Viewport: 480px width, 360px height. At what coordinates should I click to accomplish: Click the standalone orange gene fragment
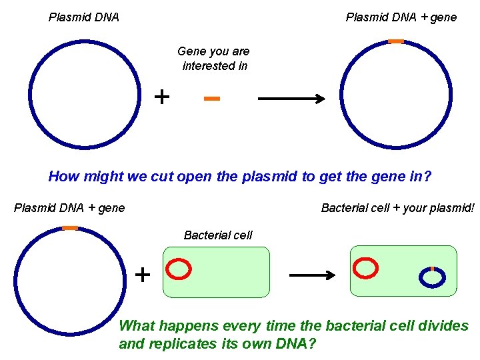(x=212, y=99)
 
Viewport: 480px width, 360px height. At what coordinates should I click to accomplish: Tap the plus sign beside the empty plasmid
(x=161, y=97)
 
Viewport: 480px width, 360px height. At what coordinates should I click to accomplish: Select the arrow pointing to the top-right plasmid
(x=291, y=99)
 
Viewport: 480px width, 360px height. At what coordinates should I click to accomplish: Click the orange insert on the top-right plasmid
(x=396, y=41)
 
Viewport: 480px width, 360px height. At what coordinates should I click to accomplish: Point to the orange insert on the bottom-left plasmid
(x=70, y=228)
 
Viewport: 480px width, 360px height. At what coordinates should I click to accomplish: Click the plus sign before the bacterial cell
(x=143, y=273)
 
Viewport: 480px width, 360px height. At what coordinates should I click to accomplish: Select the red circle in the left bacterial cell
(x=179, y=269)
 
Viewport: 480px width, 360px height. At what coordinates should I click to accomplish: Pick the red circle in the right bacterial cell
(x=365, y=268)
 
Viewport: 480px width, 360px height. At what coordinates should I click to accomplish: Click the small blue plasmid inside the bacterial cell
(x=433, y=277)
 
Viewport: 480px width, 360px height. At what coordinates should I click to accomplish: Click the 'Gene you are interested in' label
(x=213, y=59)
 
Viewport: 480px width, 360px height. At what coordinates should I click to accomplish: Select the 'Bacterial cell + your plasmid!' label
(x=398, y=208)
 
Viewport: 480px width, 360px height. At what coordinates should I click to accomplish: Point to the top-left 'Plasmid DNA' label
(x=84, y=17)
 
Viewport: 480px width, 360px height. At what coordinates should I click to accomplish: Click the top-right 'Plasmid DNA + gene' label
(x=401, y=17)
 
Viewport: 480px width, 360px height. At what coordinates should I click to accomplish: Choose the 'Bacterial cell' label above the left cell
(x=218, y=235)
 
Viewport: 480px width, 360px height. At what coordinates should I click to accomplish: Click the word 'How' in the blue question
(x=64, y=177)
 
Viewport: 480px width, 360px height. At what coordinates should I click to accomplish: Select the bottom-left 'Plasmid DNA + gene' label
(x=69, y=208)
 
